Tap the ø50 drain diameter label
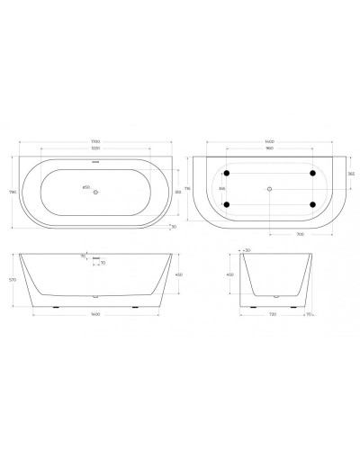click(87, 187)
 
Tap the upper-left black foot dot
click(226, 172)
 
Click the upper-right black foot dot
click(312, 172)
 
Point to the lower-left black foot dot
click(226, 205)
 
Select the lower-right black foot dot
click(312, 205)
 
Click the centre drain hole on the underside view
click(269, 189)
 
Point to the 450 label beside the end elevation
click(229, 275)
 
